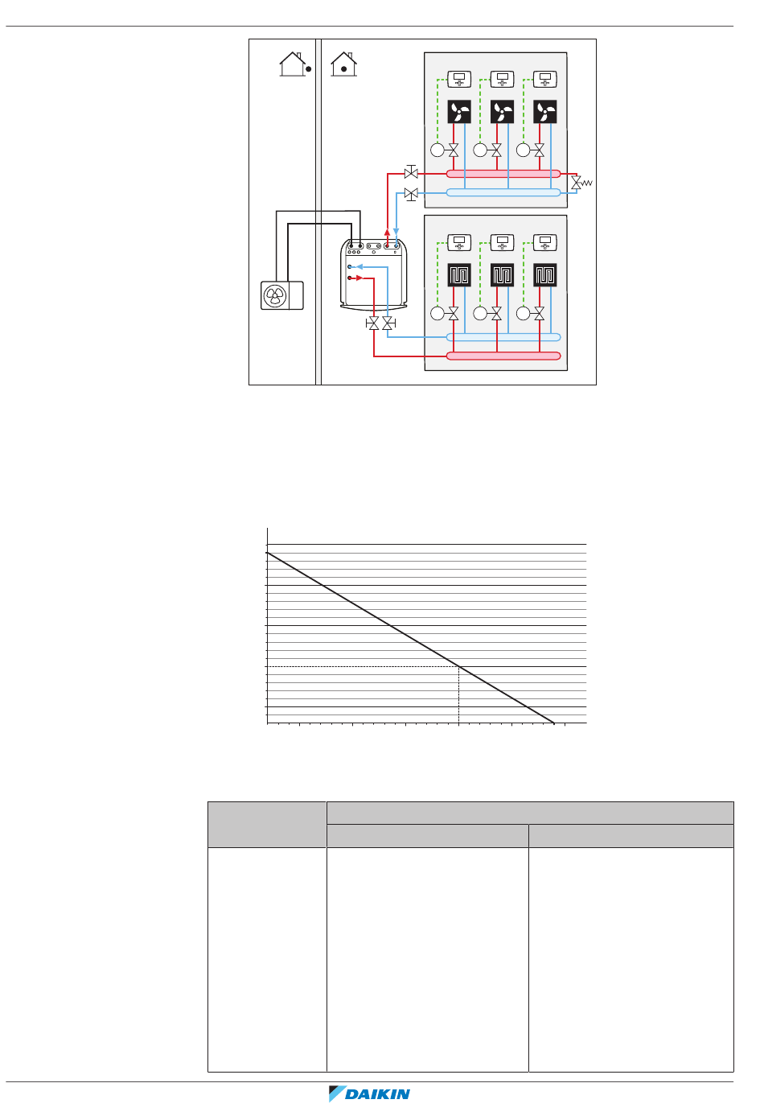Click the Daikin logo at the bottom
pyautogui.click(x=370, y=1093)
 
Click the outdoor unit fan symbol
pyautogui.click(x=275, y=295)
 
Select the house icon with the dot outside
pyautogui.click(x=294, y=64)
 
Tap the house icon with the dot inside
pyautogui.click(x=343, y=64)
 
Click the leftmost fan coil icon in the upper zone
pyautogui.click(x=459, y=111)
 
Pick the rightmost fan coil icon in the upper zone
pyautogui.click(x=545, y=111)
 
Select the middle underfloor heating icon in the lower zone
pyautogui.click(x=502, y=275)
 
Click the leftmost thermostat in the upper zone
pyautogui.click(x=459, y=79)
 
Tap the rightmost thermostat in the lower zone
pyautogui.click(x=545, y=241)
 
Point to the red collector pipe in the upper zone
pyautogui.click(x=503, y=173)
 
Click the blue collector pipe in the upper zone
pyautogui.click(x=503, y=192)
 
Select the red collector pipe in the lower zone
pyautogui.click(x=503, y=356)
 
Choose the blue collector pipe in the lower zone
pyautogui.click(x=503, y=337)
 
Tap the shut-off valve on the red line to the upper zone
pyautogui.click(x=411, y=173)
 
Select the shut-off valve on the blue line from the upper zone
pyautogui.click(x=411, y=194)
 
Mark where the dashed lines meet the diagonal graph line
pyautogui.click(x=458, y=667)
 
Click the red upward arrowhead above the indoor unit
pyautogui.click(x=388, y=232)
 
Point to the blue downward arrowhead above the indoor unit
pyautogui.click(x=396, y=232)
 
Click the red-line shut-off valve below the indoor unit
pyautogui.click(x=373, y=323)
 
